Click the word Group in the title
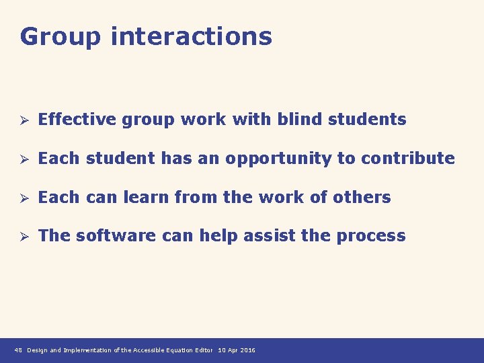click(x=60, y=36)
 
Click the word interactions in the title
click(x=192, y=36)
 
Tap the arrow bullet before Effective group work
click(x=22, y=120)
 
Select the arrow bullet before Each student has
click(x=22, y=159)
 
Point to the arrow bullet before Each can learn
click(x=22, y=198)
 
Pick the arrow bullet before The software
click(x=22, y=237)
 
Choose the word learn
click(x=147, y=198)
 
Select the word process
click(x=374, y=237)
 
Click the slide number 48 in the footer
click(x=18, y=350)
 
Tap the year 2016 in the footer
click(x=247, y=350)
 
